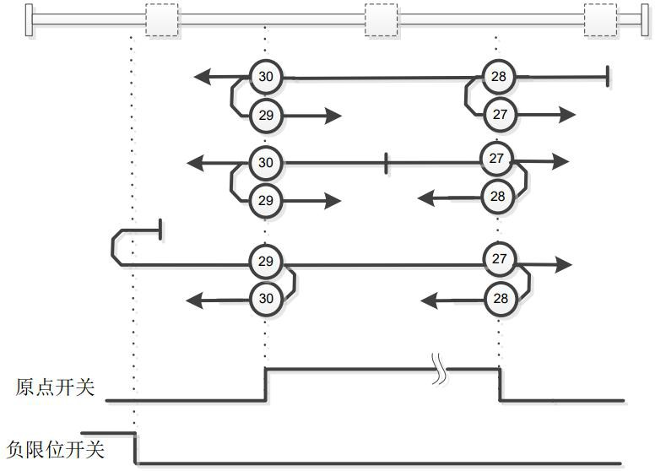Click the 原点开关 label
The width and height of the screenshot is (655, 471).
coord(55,388)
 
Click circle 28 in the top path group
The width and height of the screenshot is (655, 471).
coord(499,78)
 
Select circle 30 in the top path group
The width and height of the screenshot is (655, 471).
coord(266,78)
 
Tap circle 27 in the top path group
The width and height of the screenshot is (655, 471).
coord(500,114)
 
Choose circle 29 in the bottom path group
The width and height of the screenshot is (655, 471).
coord(266,262)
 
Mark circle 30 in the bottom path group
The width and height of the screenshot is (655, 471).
coord(266,298)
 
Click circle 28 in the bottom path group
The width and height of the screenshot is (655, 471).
coord(500,298)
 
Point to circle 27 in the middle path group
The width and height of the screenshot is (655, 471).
coord(496,159)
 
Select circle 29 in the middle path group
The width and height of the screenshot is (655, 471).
coord(266,200)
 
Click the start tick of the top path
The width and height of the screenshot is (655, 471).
coord(608,78)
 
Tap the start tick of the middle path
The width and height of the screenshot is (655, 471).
coord(386,162)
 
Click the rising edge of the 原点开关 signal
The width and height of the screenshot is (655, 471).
coord(267,383)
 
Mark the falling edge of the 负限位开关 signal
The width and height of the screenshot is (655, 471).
coord(136,447)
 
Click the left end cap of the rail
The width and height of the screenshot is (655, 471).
coord(30,19)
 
